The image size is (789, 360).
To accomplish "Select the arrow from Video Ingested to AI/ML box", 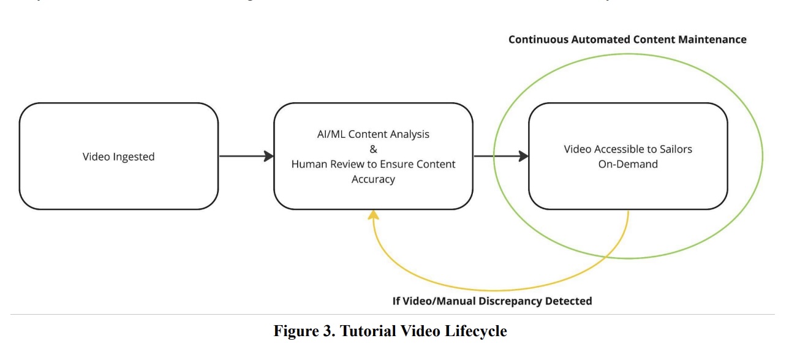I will tap(245, 156).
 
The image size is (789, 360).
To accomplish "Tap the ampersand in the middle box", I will tap(373, 149).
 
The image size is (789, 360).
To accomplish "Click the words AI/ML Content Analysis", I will tap(373, 135).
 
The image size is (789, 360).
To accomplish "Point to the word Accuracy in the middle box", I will tap(373, 179).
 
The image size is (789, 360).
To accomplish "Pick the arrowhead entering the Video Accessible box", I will tap(523, 156).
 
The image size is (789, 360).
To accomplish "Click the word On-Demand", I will tap(628, 164).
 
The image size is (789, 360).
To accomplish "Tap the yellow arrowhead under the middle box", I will tap(373, 214).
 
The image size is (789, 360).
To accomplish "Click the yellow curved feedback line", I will tap(490, 290).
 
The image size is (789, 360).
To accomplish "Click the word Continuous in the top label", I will tap(537, 39).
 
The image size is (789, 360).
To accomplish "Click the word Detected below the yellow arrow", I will tap(571, 301).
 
